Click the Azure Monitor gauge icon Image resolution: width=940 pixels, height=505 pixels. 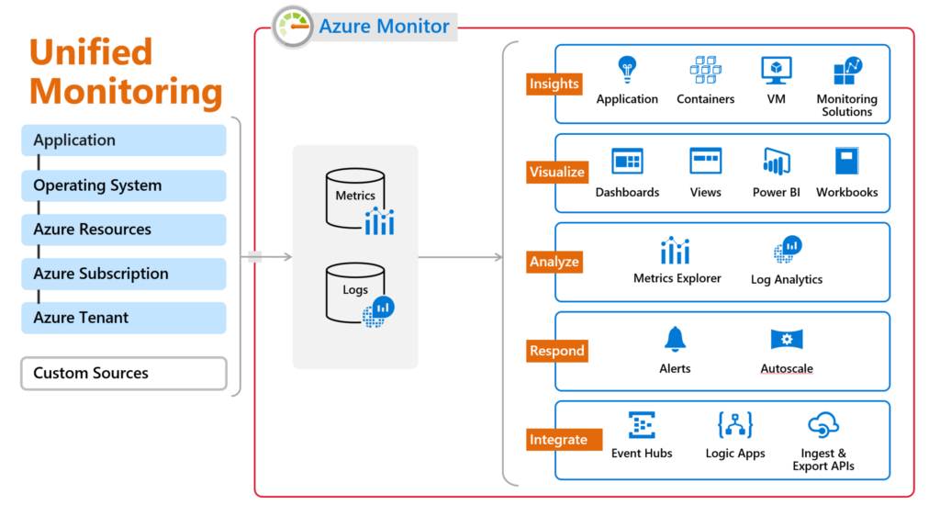[x=293, y=26]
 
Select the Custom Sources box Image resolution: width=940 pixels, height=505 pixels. [x=123, y=374]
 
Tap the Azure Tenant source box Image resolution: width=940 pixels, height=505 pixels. [x=123, y=318]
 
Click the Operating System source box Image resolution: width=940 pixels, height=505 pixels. [x=123, y=185]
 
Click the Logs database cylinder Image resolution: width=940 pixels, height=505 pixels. [x=354, y=292]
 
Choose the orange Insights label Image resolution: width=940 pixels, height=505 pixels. [x=554, y=84]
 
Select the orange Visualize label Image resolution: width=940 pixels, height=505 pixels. [x=556, y=172]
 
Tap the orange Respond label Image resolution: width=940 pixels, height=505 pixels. [x=556, y=351]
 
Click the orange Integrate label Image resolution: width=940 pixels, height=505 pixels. [x=558, y=440]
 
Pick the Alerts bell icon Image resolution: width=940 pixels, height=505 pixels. [x=675, y=339]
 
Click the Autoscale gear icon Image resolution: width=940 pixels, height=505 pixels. [x=787, y=339]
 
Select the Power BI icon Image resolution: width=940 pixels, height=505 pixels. [x=776, y=162]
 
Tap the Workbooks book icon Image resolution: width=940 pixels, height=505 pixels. [x=846, y=162]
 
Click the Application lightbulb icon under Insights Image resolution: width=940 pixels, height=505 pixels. [x=627, y=70]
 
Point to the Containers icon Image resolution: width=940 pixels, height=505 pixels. [x=705, y=70]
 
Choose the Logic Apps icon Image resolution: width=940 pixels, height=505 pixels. [x=734, y=425]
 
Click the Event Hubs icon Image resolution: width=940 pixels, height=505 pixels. [x=642, y=425]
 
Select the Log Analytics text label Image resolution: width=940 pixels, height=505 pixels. [x=787, y=279]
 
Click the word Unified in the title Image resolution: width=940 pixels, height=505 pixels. [x=91, y=52]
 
